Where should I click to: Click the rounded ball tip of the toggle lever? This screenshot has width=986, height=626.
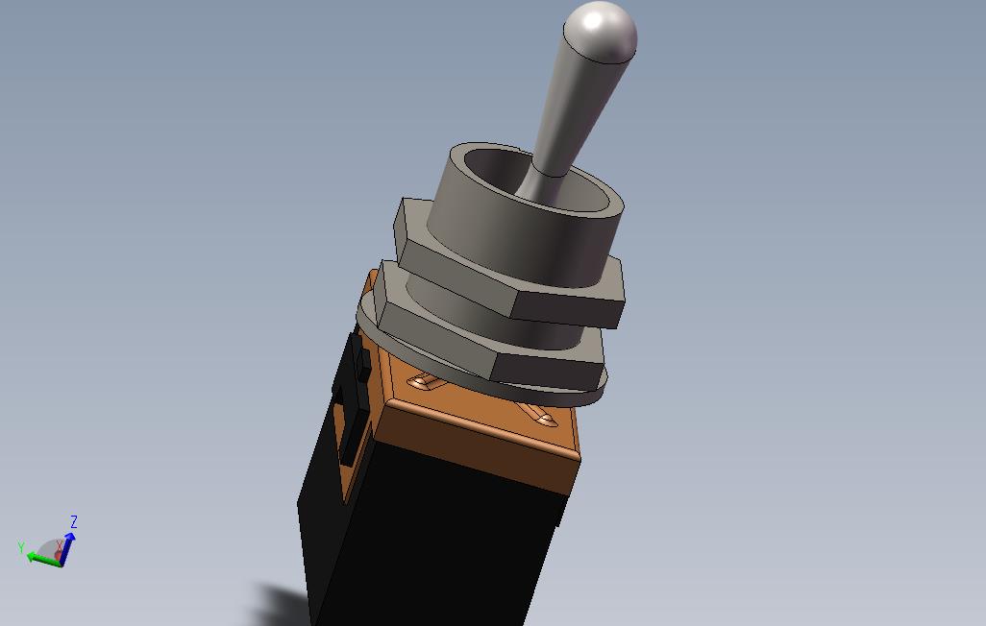point(601,32)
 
